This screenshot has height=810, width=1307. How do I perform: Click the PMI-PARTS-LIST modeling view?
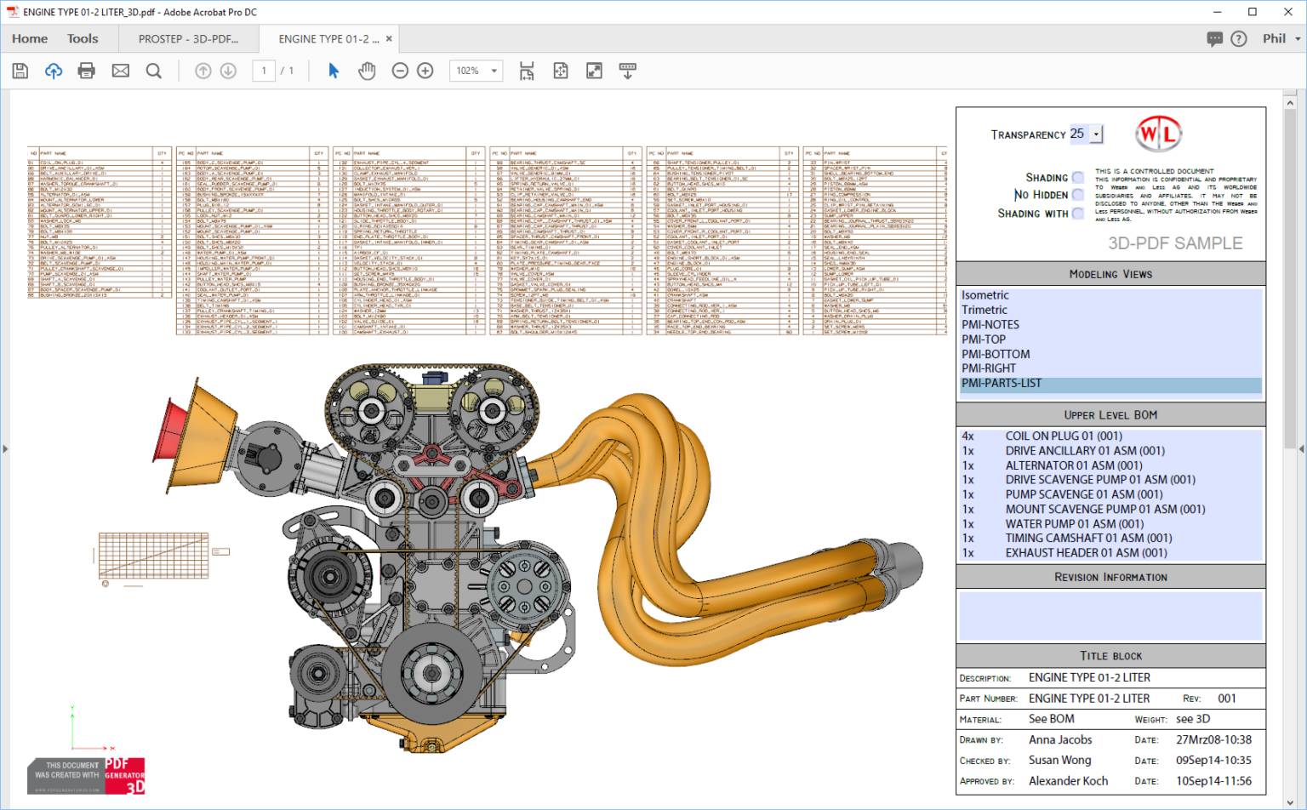point(1002,384)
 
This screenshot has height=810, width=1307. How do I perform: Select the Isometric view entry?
point(985,295)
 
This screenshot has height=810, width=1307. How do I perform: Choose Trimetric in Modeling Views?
point(985,310)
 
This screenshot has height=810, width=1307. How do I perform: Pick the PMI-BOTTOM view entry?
point(996,354)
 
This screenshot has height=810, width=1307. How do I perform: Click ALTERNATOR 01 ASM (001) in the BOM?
point(1073,465)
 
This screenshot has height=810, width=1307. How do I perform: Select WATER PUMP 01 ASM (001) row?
point(1074,524)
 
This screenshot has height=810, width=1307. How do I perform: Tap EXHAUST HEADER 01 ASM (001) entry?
point(1086,553)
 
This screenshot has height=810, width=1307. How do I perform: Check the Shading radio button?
point(1078,178)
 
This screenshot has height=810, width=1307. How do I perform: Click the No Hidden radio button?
point(1078,195)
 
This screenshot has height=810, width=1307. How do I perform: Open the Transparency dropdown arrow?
point(1097,134)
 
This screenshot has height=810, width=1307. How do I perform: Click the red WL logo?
point(1158,134)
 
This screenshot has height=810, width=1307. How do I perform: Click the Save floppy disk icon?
point(20,71)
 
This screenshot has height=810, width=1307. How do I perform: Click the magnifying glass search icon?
point(154,71)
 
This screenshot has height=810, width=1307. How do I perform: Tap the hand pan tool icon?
point(367,71)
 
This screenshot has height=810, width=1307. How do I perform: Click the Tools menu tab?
point(83,38)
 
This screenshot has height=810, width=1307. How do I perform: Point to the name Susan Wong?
point(1059,761)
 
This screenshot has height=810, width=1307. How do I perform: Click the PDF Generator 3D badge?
point(124,775)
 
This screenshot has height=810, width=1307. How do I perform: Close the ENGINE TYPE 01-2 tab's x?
point(389,38)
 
